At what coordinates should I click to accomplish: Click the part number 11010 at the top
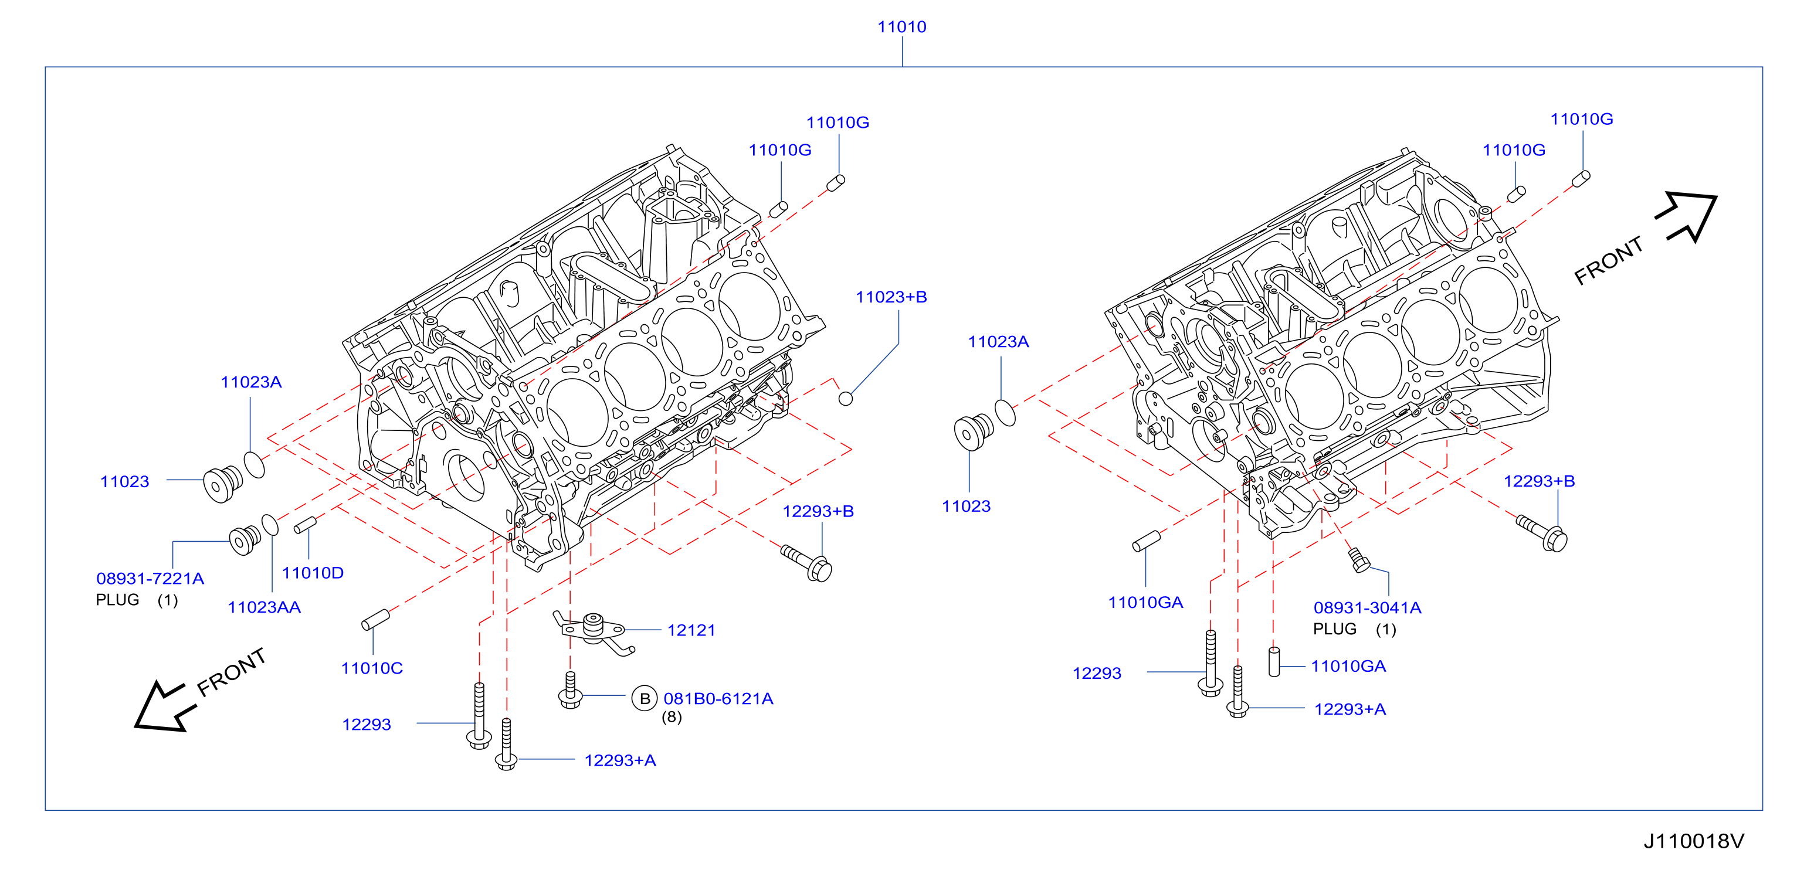[x=901, y=27]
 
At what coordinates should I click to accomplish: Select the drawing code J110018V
[x=1694, y=841]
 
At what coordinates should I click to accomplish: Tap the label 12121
[x=691, y=630]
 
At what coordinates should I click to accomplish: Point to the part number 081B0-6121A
[x=718, y=698]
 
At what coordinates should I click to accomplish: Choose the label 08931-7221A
[x=150, y=579]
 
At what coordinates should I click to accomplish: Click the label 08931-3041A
[x=1367, y=607]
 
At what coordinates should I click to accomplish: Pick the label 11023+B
[x=891, y=297]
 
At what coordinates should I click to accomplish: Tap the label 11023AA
[x=264, y=607]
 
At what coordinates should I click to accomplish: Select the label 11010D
[x=313, y=573]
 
